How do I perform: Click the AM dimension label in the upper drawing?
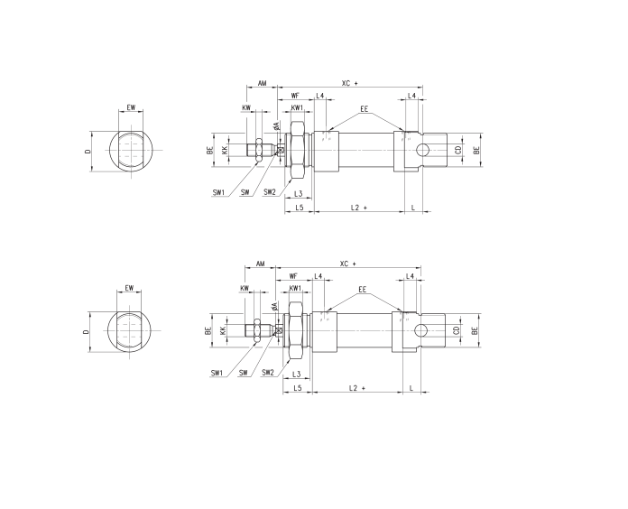(262, 83)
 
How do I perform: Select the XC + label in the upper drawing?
(349, 83)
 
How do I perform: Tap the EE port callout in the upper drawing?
(364, 108)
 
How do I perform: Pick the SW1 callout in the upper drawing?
(218, 192)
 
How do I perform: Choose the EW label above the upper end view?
(132, 107)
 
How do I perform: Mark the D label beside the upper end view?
(88, 152)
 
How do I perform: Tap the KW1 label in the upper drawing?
(297, 108)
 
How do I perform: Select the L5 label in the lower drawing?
(297, 388)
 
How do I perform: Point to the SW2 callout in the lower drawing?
(268, 373)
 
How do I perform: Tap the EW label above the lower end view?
(130, 288)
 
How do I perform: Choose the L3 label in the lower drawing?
(297, 374)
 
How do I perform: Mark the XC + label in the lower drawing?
(348, 264)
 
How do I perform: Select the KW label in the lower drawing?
(245, 289)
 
